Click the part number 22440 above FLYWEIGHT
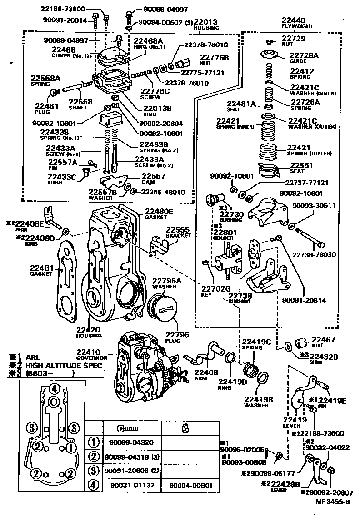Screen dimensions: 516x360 click(x=293, y=20)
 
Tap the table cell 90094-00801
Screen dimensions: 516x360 click(x=190, y=485)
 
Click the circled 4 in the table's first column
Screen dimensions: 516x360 click(x=93, y=485)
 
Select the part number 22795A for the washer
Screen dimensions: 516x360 click(x=166, y=281)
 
